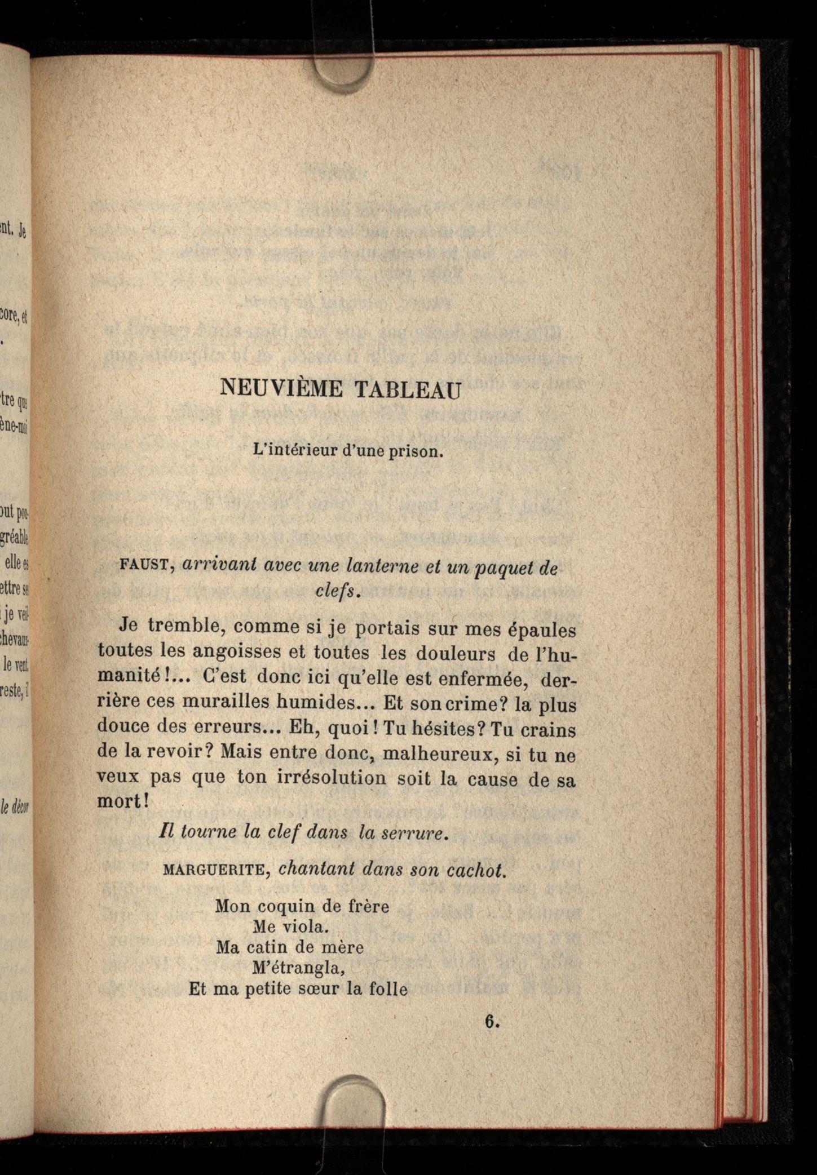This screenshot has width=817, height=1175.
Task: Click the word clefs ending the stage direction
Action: point(335,591)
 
